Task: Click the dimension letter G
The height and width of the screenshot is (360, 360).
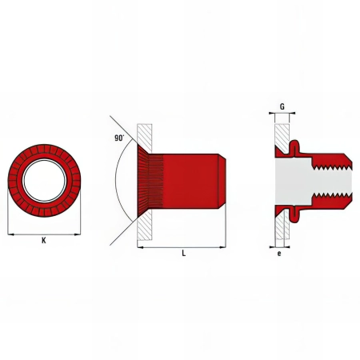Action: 282,106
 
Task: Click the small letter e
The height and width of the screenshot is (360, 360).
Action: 278,254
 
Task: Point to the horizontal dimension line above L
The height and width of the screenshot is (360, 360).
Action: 183,247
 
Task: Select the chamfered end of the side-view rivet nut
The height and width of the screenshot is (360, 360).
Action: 223,182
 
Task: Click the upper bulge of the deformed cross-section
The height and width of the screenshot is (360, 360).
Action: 295,146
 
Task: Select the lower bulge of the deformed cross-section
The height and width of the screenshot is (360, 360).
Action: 295,216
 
